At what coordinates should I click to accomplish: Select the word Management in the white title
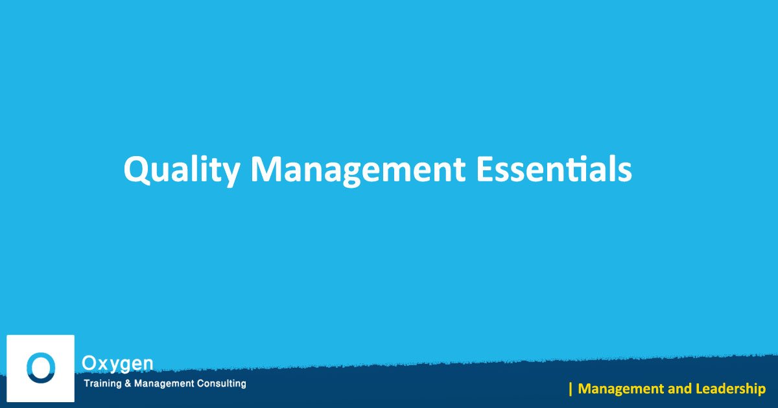pos(358,170)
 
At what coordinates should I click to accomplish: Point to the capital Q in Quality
pos(137,170)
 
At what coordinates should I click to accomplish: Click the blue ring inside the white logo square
pos(41,368)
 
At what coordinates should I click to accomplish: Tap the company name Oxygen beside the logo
pos(117,364)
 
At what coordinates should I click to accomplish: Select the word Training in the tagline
pos(102,383)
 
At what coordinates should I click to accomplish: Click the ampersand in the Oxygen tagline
pos(128,383)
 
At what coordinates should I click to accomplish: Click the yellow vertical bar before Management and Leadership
pos(571,389)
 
